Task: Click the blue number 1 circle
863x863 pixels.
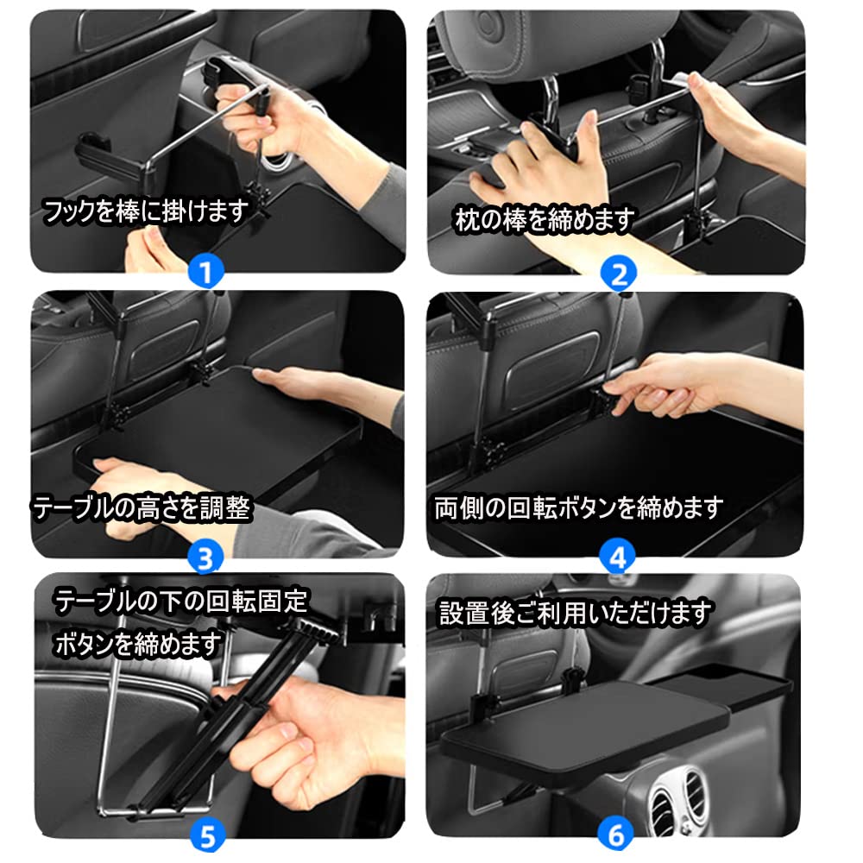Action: [205, 273]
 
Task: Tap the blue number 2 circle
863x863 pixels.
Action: [618, 274]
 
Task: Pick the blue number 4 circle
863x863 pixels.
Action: [618, 557]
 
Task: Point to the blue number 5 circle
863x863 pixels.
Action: [207, 835]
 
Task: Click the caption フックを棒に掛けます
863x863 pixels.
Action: [145, 210]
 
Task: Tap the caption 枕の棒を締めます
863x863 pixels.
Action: [545, 221]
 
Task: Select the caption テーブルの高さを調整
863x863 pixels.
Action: [142, 508]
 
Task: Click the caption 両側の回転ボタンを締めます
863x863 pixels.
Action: [577, 507]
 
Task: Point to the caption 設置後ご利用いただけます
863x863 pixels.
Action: [576, 614]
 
